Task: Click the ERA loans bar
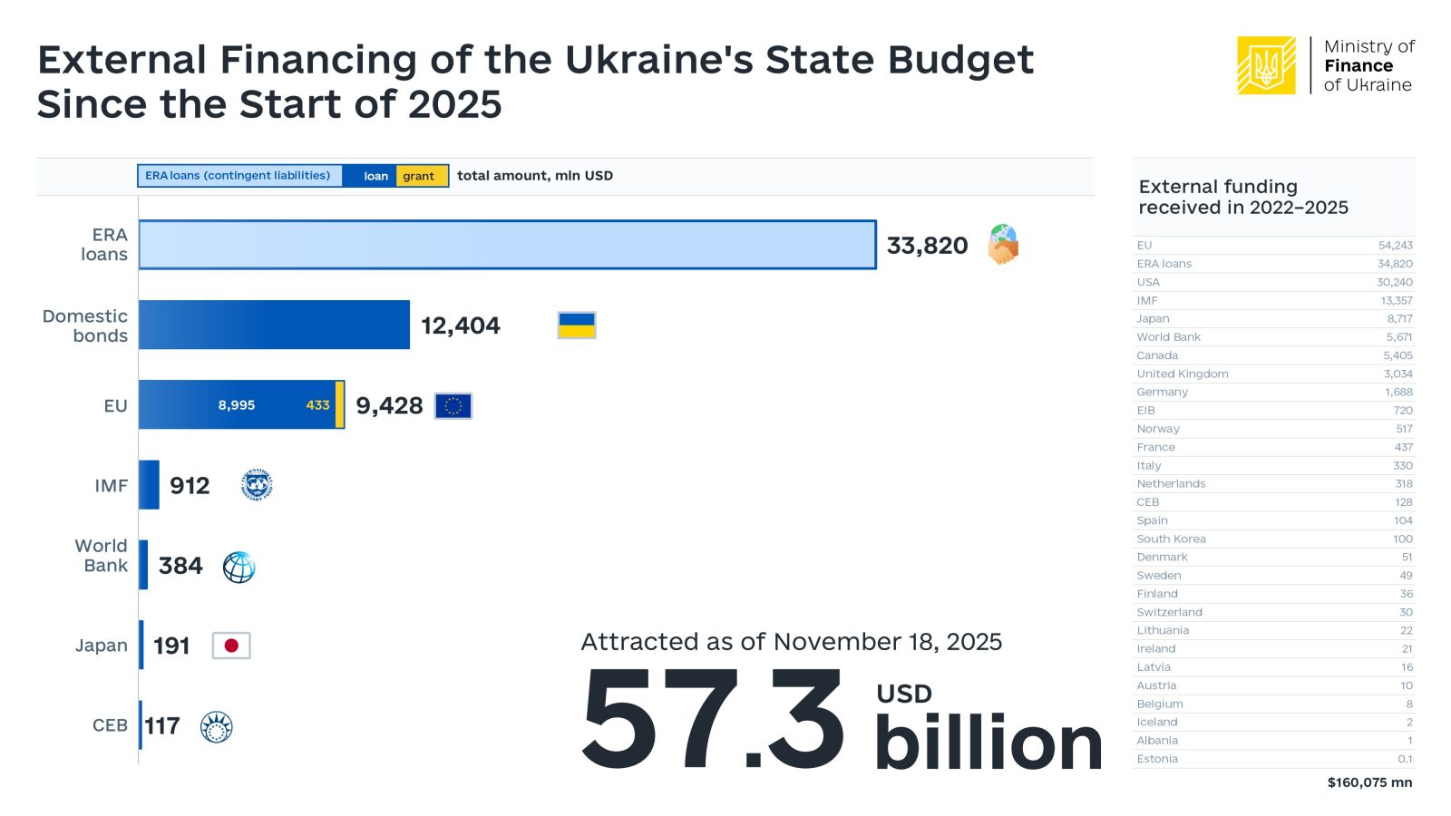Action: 507,245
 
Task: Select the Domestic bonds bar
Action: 274,325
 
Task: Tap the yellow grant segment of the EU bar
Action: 340,404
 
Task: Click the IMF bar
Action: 149,485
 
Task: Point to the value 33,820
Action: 927,246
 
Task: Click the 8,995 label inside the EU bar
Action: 236,405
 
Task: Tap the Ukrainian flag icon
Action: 577,325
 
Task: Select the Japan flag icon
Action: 231,646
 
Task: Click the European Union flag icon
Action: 453,406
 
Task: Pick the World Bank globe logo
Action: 239,568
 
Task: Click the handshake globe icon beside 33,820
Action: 1003,245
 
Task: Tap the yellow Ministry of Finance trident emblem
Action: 1266,65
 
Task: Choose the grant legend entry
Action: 419,176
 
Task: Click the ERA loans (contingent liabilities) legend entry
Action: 239,176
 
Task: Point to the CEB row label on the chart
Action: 110,725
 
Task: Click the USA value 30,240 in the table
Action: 1394,282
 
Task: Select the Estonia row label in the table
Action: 1157,759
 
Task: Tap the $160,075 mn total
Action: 1369,782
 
